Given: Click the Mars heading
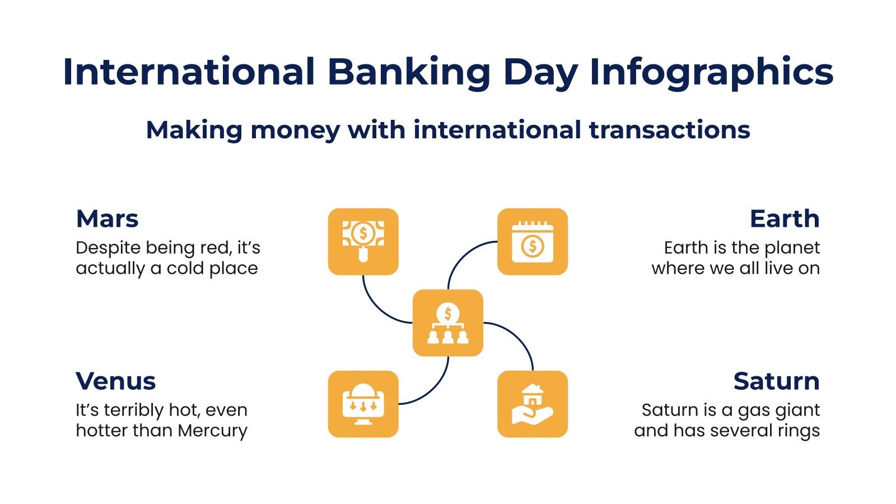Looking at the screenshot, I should coord(107,218).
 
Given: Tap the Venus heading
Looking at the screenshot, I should coord(115,381).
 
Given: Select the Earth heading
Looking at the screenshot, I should coord(785,218).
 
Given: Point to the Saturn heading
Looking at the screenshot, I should coord(776,381).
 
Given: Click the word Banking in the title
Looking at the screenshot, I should coord(408,72).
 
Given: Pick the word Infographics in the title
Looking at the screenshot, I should coord(711,72).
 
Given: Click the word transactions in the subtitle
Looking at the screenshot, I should coord(669,130).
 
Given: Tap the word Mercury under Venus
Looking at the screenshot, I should coord(212,431).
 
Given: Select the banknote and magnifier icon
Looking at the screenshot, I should coord(363,241).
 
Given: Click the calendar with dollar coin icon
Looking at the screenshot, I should coord(532,241).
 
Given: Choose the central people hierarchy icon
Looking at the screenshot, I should coord(447,323).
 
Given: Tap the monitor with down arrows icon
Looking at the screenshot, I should coord(363,404).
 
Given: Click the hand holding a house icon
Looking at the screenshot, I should coord(532,404).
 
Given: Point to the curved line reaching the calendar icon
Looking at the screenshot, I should coord(461,254).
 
